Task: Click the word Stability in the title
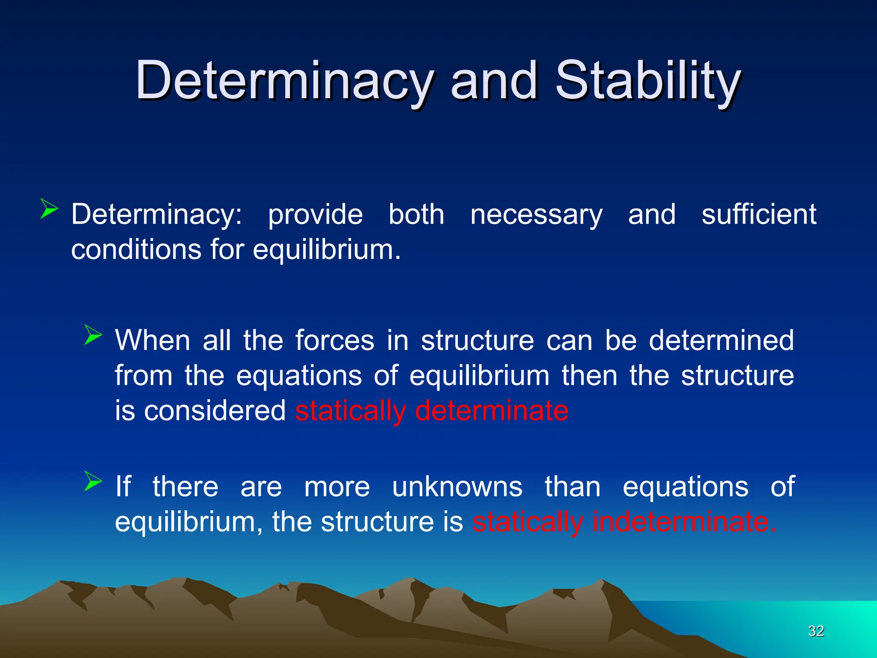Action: tap(647, 81)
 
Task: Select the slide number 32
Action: tap(816, 631)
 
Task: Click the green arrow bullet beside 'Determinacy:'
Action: tap(49, 209)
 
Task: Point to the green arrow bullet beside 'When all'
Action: tap(93, 335)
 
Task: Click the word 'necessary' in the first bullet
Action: tap(536, 215)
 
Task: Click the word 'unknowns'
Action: tap(457, 487)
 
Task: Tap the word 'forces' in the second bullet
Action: tap(335, 341)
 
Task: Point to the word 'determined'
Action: tap(721, 341)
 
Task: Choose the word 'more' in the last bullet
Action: tap(337, 487)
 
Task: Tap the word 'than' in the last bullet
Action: tap(573, 487)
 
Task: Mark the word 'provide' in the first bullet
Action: tap(315, 215)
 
